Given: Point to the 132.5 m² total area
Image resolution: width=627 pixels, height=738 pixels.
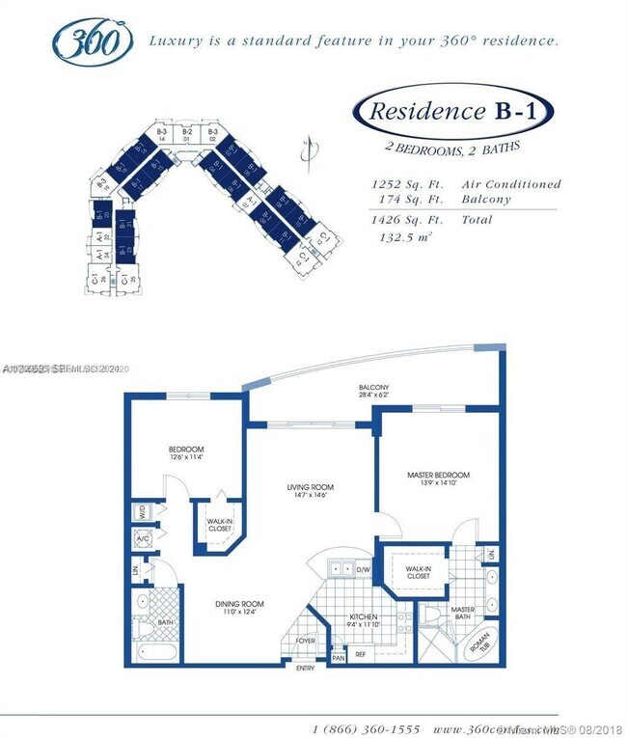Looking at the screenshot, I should [404, 236].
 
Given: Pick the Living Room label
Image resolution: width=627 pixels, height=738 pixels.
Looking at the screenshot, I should [310, 487].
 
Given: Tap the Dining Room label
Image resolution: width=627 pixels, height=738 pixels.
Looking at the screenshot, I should [238, 604].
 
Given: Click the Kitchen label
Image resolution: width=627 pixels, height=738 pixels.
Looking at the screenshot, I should [364, 616].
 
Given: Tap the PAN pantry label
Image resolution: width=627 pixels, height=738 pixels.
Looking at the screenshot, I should [339, 658].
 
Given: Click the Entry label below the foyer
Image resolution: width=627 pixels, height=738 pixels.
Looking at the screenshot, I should [305, 669].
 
